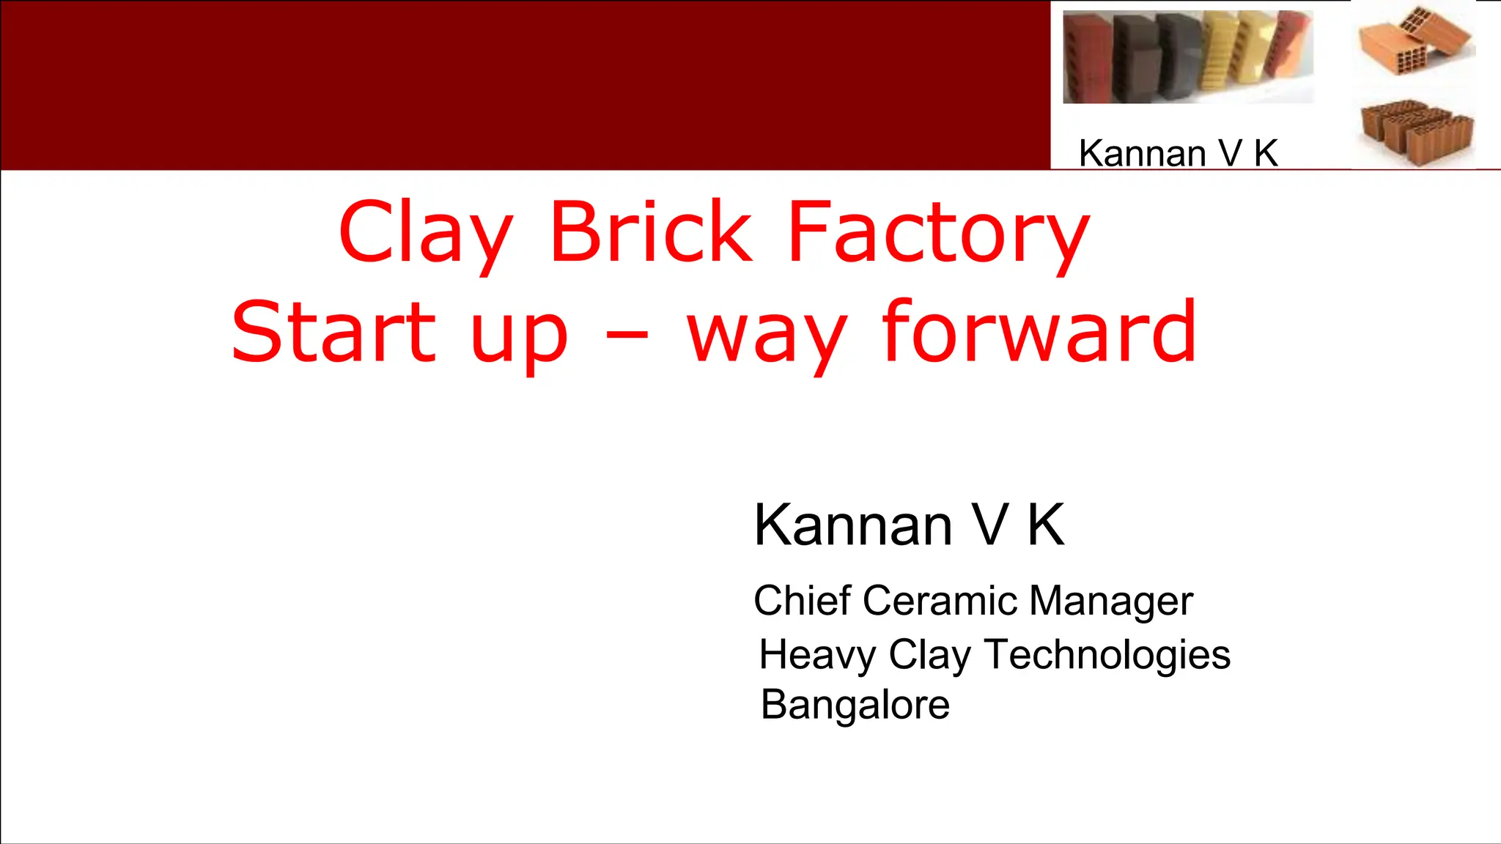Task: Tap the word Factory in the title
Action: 938,233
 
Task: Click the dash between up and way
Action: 627,336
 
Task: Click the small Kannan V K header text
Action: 1178,153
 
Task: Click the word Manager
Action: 1111,601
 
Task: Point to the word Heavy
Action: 817,654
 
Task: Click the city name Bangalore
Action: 855,705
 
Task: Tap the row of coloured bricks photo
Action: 1187,57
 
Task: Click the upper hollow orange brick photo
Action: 1415,40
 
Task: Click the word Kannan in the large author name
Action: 853,525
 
